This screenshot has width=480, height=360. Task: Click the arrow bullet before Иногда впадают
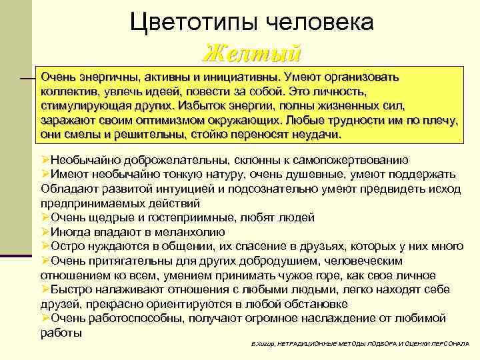pyautogui.click(x=45, y=232)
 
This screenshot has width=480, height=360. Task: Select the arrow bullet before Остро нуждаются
pyautogui.click(x=45, y=246)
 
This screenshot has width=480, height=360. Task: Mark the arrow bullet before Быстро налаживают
pyautogui.click(x=45, y=289)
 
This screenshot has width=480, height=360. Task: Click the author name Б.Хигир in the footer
pyautogui.click(x=255, y=342)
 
